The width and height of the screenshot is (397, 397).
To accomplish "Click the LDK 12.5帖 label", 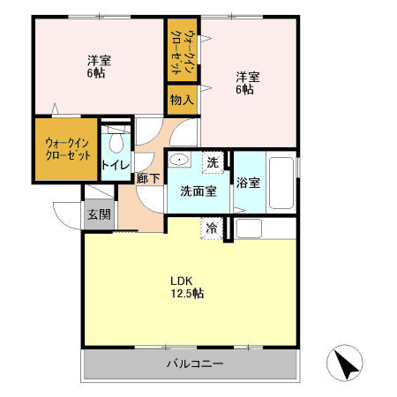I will tap(187, 287).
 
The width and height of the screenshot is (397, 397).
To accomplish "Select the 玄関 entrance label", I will tap(98, 213).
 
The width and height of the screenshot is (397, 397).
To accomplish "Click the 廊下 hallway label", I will tap(148, 179).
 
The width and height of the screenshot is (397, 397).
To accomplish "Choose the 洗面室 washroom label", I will tap(198, 191).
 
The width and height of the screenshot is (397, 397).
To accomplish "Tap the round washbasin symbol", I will tap(179, 161).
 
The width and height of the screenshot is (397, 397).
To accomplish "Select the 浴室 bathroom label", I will tap(248, 184).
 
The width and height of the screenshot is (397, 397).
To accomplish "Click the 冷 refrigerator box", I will tap(212, 228).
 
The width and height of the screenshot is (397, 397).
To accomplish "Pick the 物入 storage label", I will tap(181, 100).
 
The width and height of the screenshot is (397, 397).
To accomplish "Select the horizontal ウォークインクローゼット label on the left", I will tap(67, 149).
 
